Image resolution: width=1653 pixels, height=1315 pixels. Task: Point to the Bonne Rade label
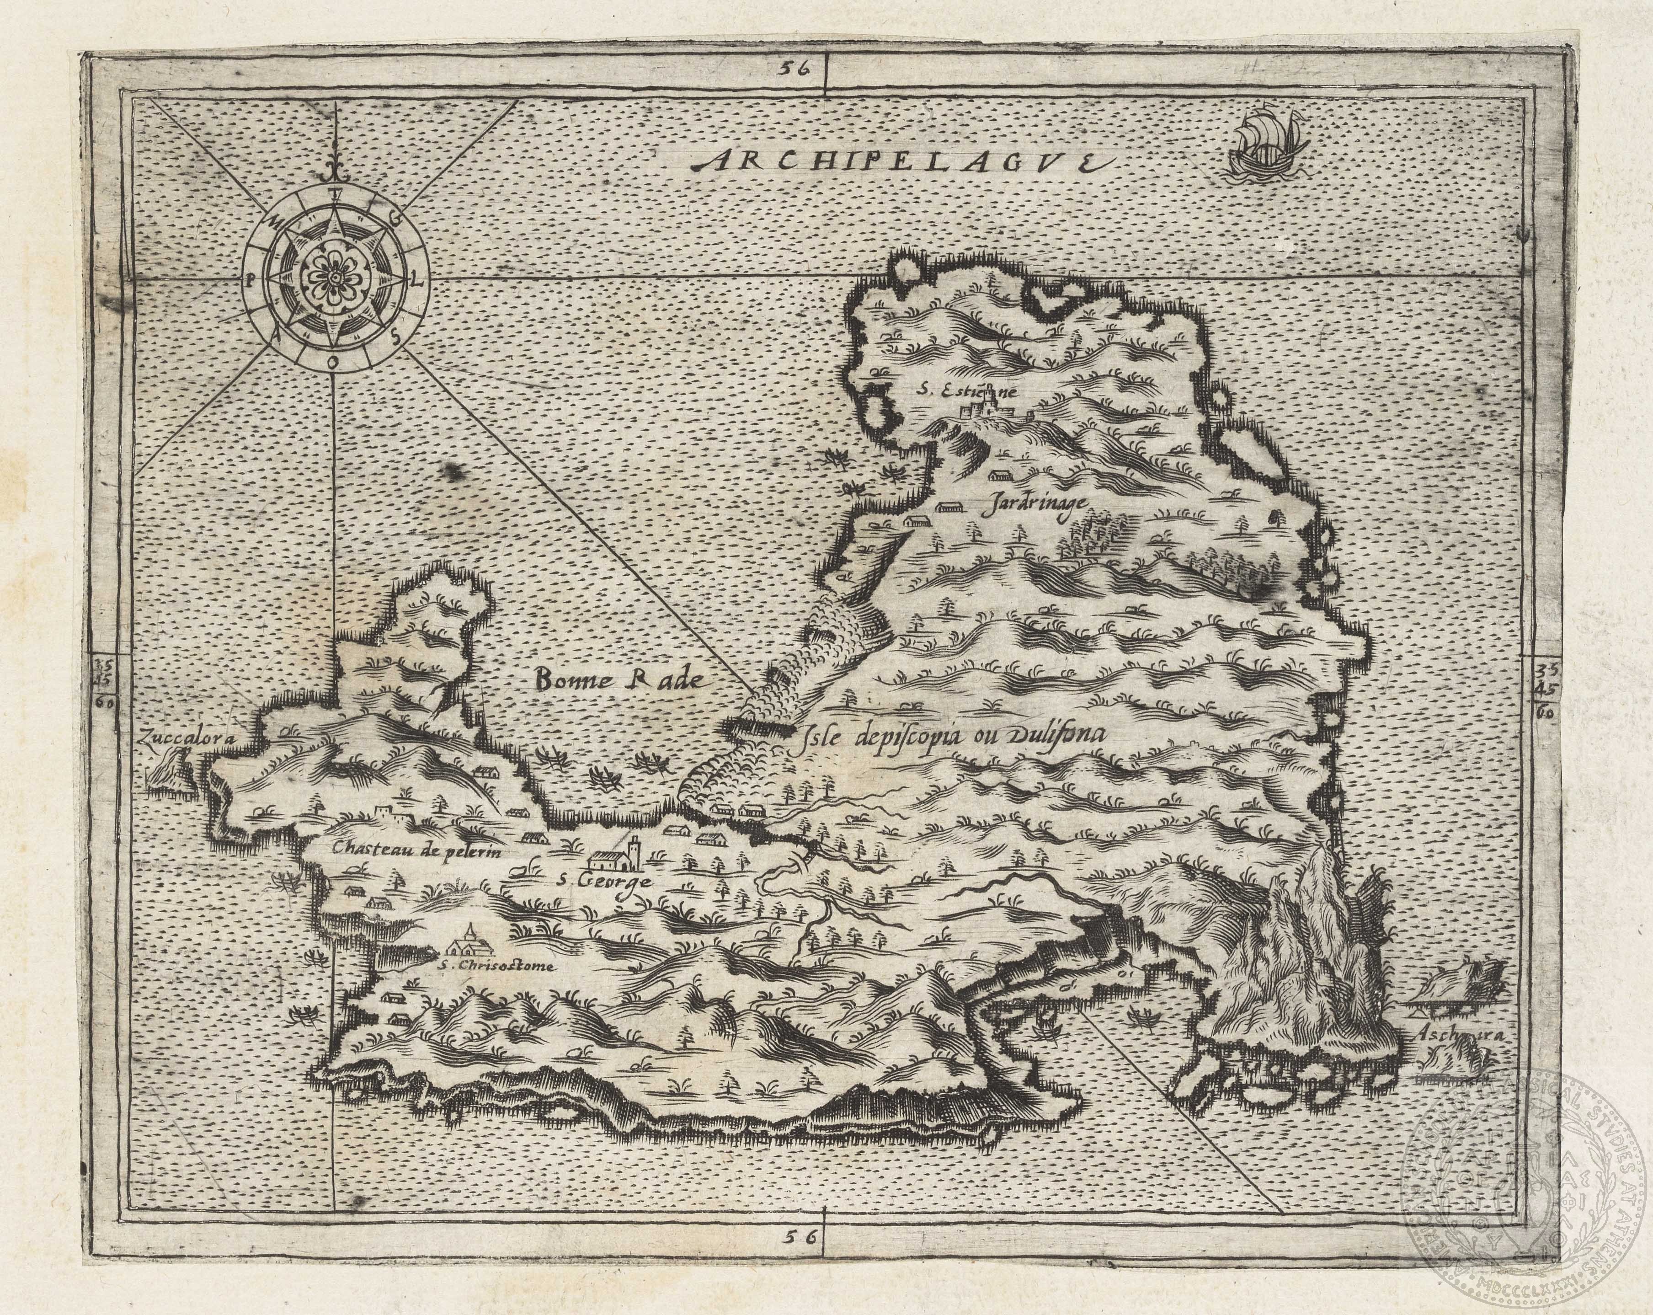[x=619, y=678]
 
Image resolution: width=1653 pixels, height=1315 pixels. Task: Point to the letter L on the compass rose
[x=419, y=281]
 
